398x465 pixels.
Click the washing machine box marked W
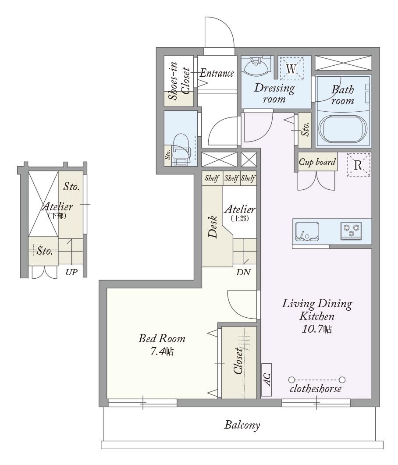point(292,68)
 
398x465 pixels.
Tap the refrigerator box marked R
point(358,165)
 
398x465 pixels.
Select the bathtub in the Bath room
point(343,130)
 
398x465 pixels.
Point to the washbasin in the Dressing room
point(257,66)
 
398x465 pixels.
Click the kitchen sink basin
point(307,231)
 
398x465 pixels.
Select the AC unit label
point(267,379)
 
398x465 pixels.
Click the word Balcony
point(242,425)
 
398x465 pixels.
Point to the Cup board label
point(317,162)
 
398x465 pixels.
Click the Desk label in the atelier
point(213,227)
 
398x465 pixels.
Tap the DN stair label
point(243,272)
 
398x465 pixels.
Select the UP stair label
point(71,272)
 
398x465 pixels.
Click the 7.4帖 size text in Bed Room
point(162,352)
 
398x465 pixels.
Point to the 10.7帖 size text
point(317,329)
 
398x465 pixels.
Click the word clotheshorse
point(316,388)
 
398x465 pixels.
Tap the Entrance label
point(217,73)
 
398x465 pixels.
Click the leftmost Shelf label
point(212,178)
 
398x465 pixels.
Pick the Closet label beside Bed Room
point(238,361)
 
